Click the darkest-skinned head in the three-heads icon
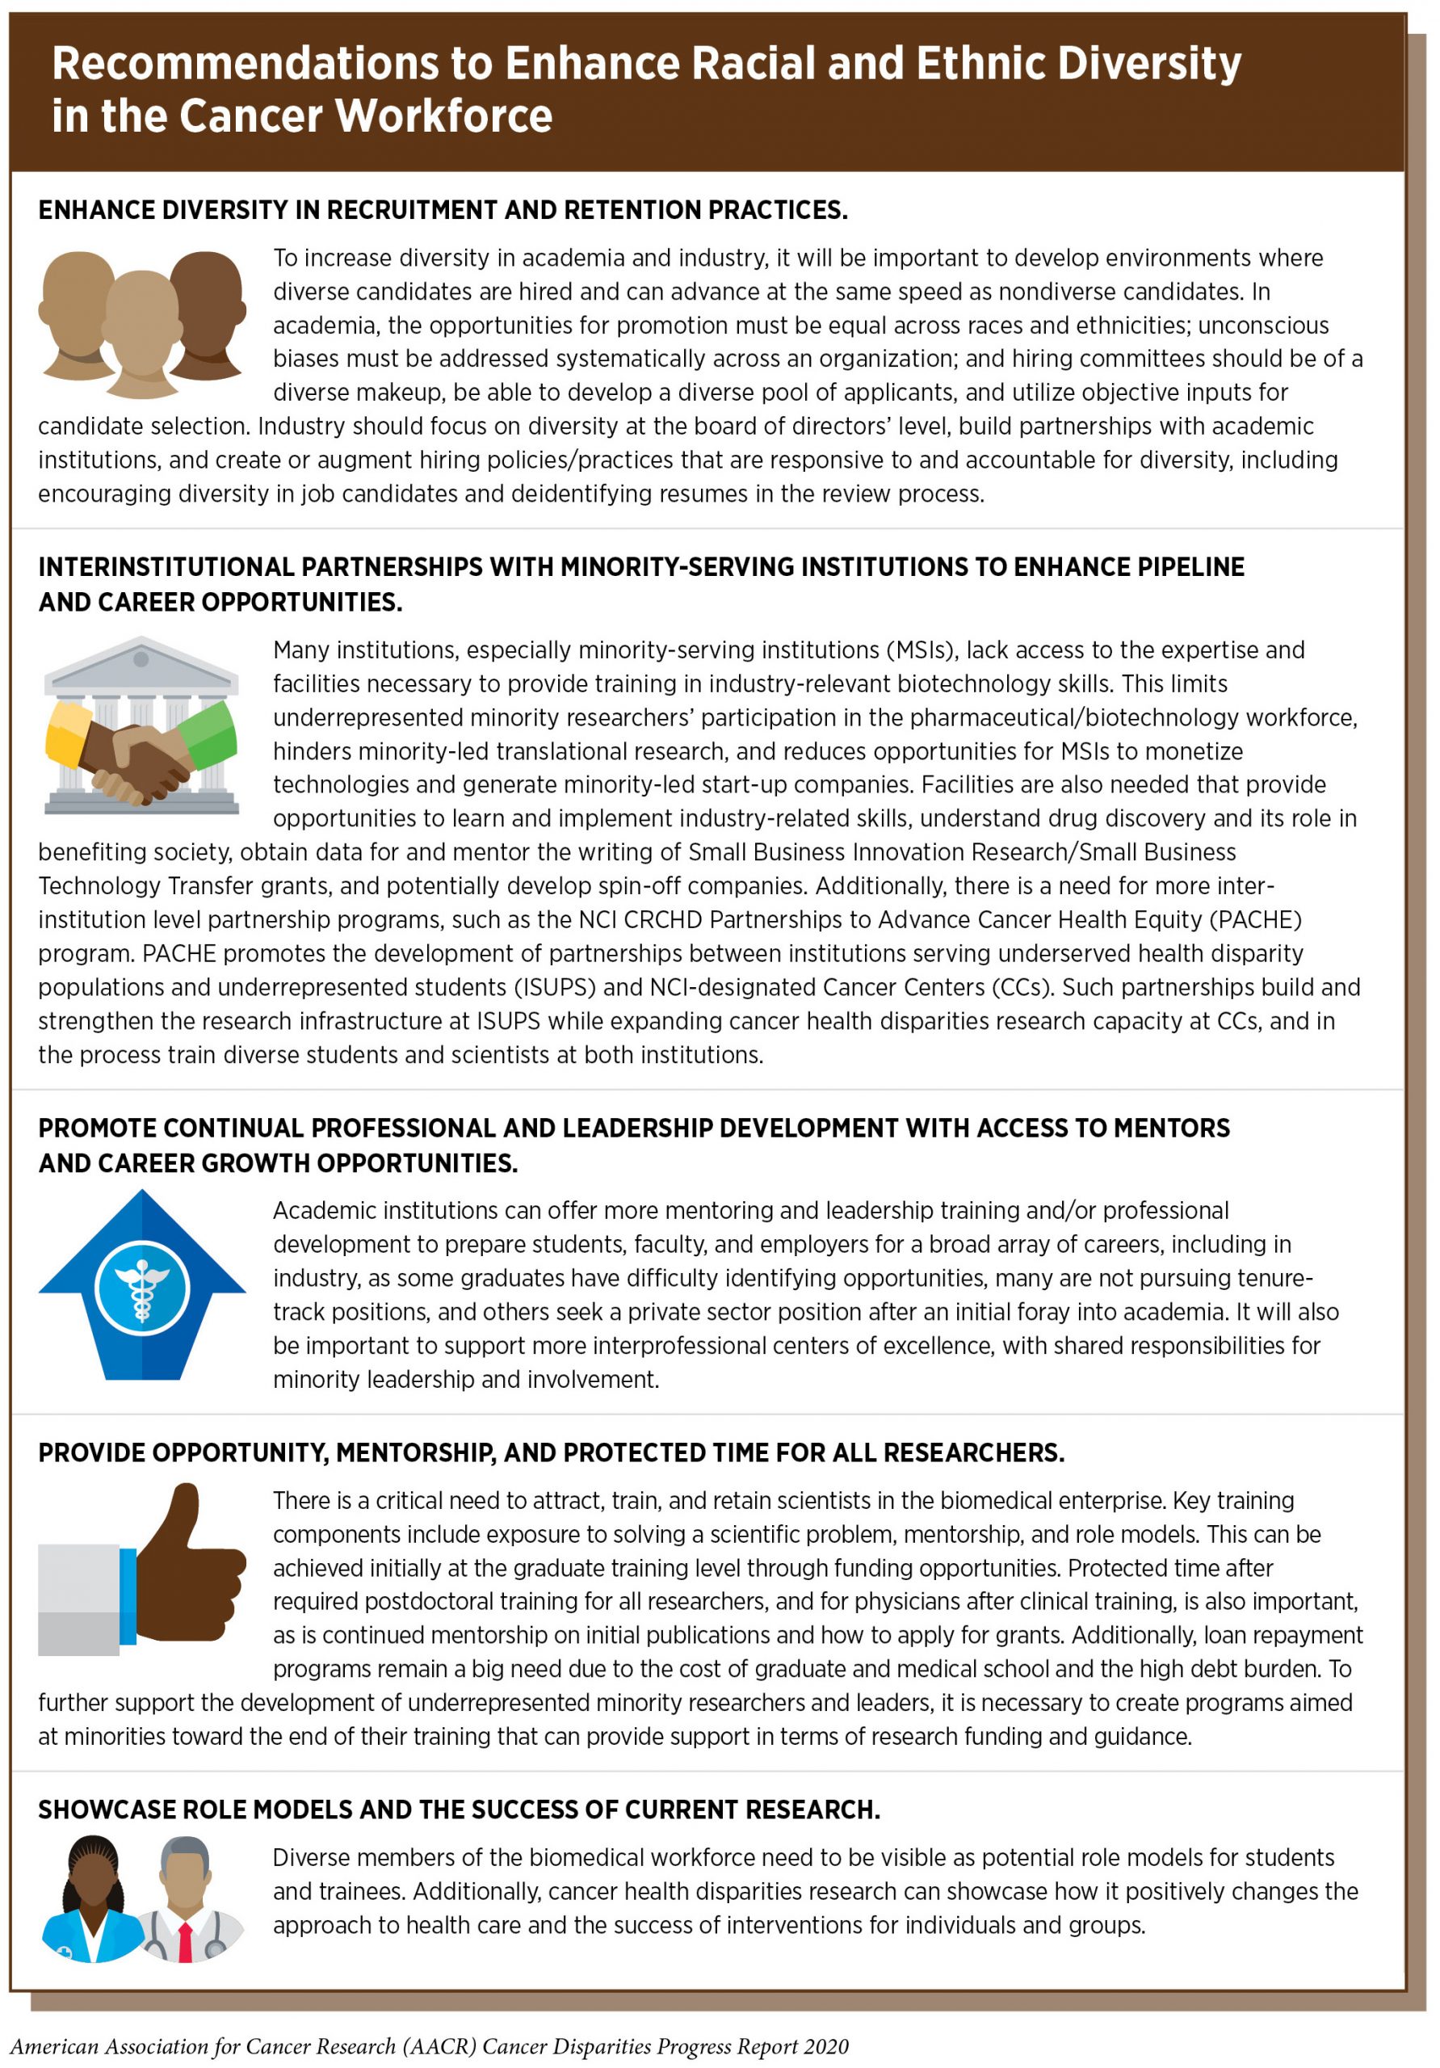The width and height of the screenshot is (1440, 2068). [x=207, y=306]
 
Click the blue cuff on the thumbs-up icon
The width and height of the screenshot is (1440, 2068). [x=128, y=1595]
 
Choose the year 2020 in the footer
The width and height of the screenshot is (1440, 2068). [x=826, y=2046]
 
